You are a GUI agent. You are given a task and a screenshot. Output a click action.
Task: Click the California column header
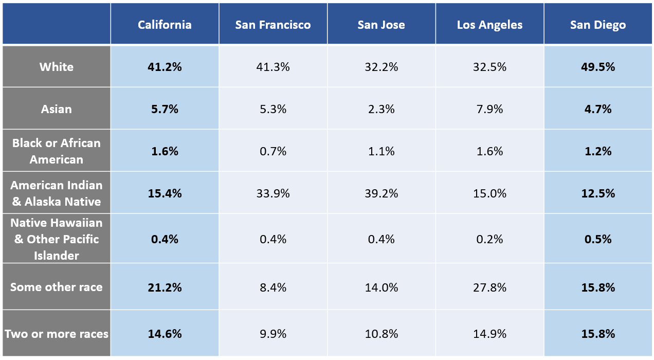tap(165, 25)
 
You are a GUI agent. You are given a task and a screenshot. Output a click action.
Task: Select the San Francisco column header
tap(272, 25)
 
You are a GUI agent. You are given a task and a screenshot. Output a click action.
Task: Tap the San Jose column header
tap(381, 25)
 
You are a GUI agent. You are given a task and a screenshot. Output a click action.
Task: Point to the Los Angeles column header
tap(489, 25)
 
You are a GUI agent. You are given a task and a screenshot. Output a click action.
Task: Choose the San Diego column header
tap(597, 25)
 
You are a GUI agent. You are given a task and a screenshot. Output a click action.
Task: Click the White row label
tap(57, 67)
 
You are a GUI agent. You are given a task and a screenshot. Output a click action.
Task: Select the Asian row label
tap(57, 109)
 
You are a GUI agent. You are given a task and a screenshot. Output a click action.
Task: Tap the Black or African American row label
tap(57, 151)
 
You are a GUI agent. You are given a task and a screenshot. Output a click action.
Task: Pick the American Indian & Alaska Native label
tap(57, 193)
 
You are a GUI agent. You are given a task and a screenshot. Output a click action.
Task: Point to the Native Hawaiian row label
tap(57, 239)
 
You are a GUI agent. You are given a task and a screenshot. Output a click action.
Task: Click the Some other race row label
tap(57, 287)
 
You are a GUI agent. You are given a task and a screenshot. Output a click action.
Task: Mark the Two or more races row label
tap(57, 334)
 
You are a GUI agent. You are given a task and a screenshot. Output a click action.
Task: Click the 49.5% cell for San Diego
tap(597, 67)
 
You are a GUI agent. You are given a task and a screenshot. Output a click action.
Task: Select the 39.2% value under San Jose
tap(381, 193)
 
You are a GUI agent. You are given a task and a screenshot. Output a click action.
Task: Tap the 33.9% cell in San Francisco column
tap(272, 193)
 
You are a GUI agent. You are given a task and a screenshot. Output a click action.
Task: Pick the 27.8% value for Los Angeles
tap(489, 287)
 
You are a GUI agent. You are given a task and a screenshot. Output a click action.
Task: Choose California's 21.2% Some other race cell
tap(165, 287)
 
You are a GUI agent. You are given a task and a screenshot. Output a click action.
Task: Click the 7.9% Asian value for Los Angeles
tap(489, 109)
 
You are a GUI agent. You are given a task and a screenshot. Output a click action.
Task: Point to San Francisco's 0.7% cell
tap(272, 151)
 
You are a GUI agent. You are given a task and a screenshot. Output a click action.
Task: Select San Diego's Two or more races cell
tap(597, 334)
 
